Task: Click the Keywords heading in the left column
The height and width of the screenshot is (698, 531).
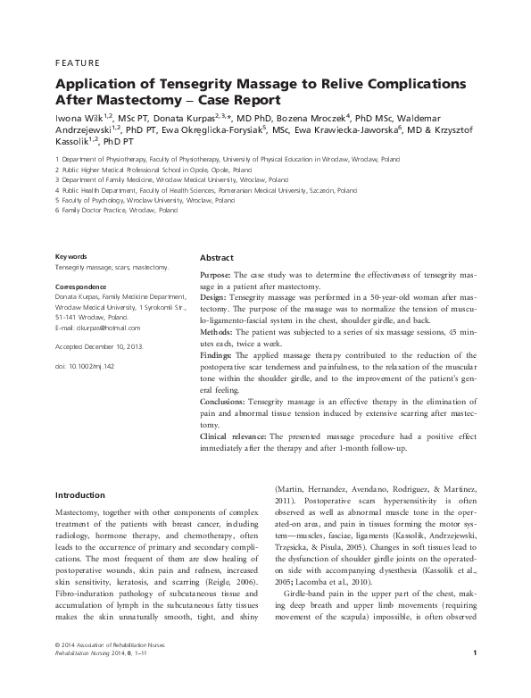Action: [71, 255]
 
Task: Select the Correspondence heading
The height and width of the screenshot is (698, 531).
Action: [82, 287]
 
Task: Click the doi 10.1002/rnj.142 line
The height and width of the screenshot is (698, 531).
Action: [86, 367]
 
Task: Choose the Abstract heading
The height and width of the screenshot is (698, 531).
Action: [216, 256]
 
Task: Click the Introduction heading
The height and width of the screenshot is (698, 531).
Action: [80, 494]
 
